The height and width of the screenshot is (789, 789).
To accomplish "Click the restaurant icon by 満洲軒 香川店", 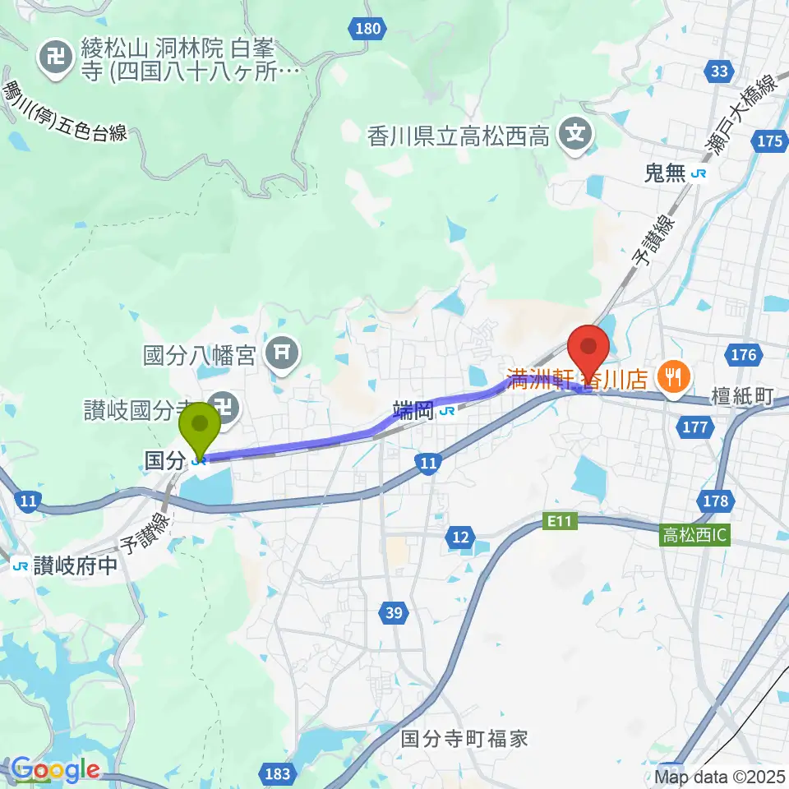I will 673,378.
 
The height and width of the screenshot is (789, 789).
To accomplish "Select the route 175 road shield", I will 769,141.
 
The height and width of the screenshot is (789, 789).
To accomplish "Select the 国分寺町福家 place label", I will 464,738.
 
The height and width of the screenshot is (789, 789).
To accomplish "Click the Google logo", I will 55,770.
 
